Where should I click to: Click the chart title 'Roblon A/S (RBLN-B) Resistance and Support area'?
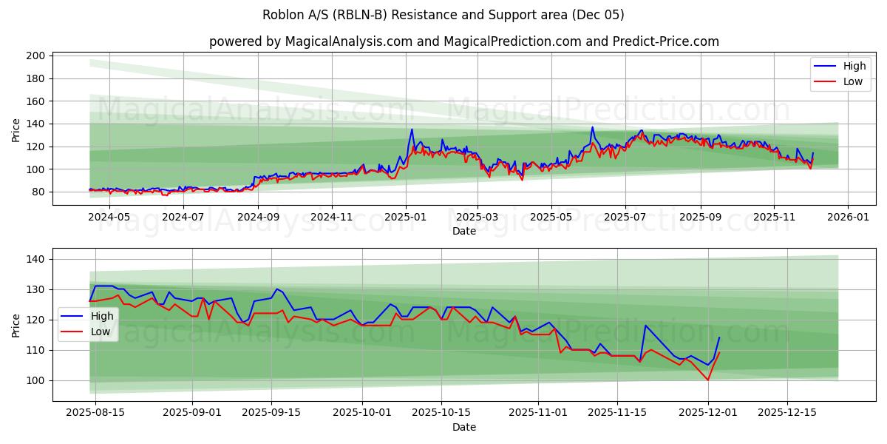point(443,15)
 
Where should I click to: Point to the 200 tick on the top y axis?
point(35,55)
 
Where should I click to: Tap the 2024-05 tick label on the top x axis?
point(109,217)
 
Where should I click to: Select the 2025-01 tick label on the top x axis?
point(405,217)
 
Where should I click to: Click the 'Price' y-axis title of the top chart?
point(16,129)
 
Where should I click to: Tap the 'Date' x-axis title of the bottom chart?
point(463,427)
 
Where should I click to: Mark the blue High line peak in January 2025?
point(412,129)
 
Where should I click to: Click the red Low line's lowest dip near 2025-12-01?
point(708,380)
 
